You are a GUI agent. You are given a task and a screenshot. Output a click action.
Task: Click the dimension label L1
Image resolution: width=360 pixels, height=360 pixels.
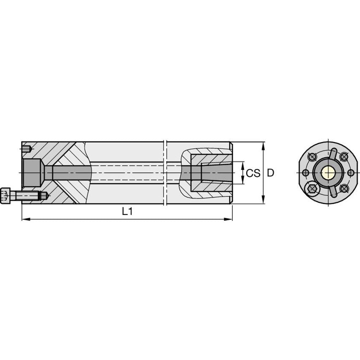127,212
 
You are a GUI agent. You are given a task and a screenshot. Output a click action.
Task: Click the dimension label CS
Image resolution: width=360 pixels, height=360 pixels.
253,173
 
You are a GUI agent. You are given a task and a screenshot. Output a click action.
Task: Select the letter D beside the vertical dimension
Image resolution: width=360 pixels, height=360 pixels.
271,173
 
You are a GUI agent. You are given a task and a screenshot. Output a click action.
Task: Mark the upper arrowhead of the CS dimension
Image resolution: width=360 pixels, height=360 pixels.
243,164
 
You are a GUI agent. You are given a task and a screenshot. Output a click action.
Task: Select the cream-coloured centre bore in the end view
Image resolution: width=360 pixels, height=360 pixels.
328,172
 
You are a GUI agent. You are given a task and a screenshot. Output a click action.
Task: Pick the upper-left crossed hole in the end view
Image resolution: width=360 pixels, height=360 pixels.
312,157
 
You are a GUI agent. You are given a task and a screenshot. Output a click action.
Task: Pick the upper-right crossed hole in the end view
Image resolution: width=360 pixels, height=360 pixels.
344,157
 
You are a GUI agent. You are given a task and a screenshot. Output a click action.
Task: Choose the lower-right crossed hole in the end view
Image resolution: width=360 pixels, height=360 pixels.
344,188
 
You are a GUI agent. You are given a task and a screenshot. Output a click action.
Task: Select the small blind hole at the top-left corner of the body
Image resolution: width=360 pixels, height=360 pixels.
27,148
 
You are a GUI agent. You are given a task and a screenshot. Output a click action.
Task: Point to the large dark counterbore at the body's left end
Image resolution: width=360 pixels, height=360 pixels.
31,172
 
